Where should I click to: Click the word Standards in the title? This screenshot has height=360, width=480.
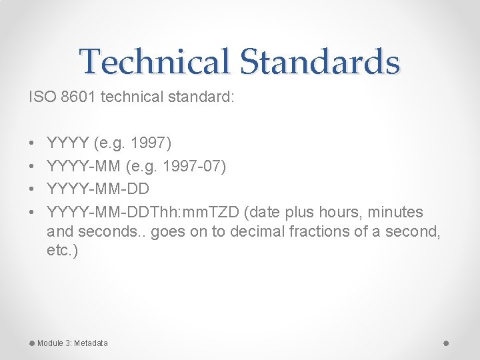(x=319, y=61)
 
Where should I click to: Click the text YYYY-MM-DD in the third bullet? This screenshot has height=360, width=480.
(x=98, y=189)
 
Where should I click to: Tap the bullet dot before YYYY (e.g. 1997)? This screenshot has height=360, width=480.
(x=31, y=143)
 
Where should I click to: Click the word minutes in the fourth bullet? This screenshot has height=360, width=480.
(x=397, y=213)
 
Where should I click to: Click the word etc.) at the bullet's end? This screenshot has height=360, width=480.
(x=63, y=251)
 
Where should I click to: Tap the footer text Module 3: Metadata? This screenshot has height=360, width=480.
(x=72, y=343)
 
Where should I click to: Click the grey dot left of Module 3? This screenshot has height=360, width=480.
(x=31, y=343)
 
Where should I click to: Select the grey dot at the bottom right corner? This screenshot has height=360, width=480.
(x=446, y=343)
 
